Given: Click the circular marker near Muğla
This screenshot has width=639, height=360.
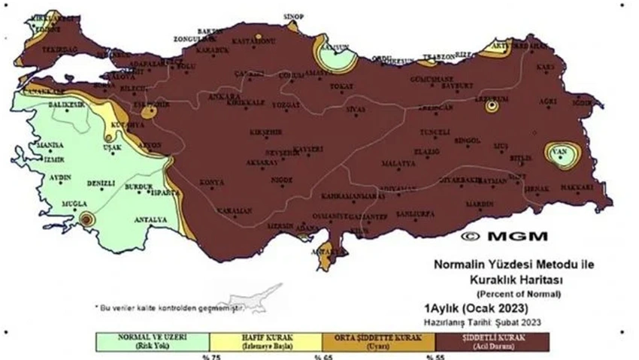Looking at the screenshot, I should [86, 219].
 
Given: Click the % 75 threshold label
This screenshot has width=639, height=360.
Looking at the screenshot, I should [205, 357].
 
